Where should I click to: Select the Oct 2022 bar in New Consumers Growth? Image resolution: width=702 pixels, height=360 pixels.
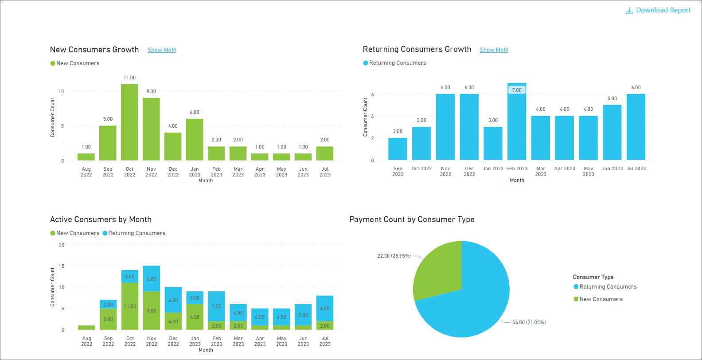[x=129, y=122]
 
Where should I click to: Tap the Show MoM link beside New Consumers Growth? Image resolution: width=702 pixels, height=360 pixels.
[x=162, y=50]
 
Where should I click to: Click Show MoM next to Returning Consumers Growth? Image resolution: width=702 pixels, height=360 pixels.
[x=494, y=50]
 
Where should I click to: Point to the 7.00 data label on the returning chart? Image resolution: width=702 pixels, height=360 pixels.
[x=517, y=90]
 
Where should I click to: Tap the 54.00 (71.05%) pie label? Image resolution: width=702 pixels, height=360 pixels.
[x=529, y=322]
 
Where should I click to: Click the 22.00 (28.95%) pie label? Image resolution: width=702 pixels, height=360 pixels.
[x=394, y=256]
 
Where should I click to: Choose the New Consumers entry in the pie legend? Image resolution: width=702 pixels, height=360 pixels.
[x=601, y=299]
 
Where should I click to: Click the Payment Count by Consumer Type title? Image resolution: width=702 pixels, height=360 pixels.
[x=412, y=219]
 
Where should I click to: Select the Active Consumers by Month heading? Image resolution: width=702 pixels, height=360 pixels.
[x=101, y=219]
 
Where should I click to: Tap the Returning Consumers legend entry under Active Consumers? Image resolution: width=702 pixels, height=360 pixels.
[x=136, y=233]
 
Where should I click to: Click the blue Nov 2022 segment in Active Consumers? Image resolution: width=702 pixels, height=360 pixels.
[x=152, y=278]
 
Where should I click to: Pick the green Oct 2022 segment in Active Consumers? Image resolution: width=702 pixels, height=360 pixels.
[x=130, y=306]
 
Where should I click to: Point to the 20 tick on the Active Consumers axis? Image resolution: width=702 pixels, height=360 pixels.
[x=62, y=245]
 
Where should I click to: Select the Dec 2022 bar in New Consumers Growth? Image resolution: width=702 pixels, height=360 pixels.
[x=173, y=146]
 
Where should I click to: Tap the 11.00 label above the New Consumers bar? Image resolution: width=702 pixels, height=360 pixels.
[x=129, y=78]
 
